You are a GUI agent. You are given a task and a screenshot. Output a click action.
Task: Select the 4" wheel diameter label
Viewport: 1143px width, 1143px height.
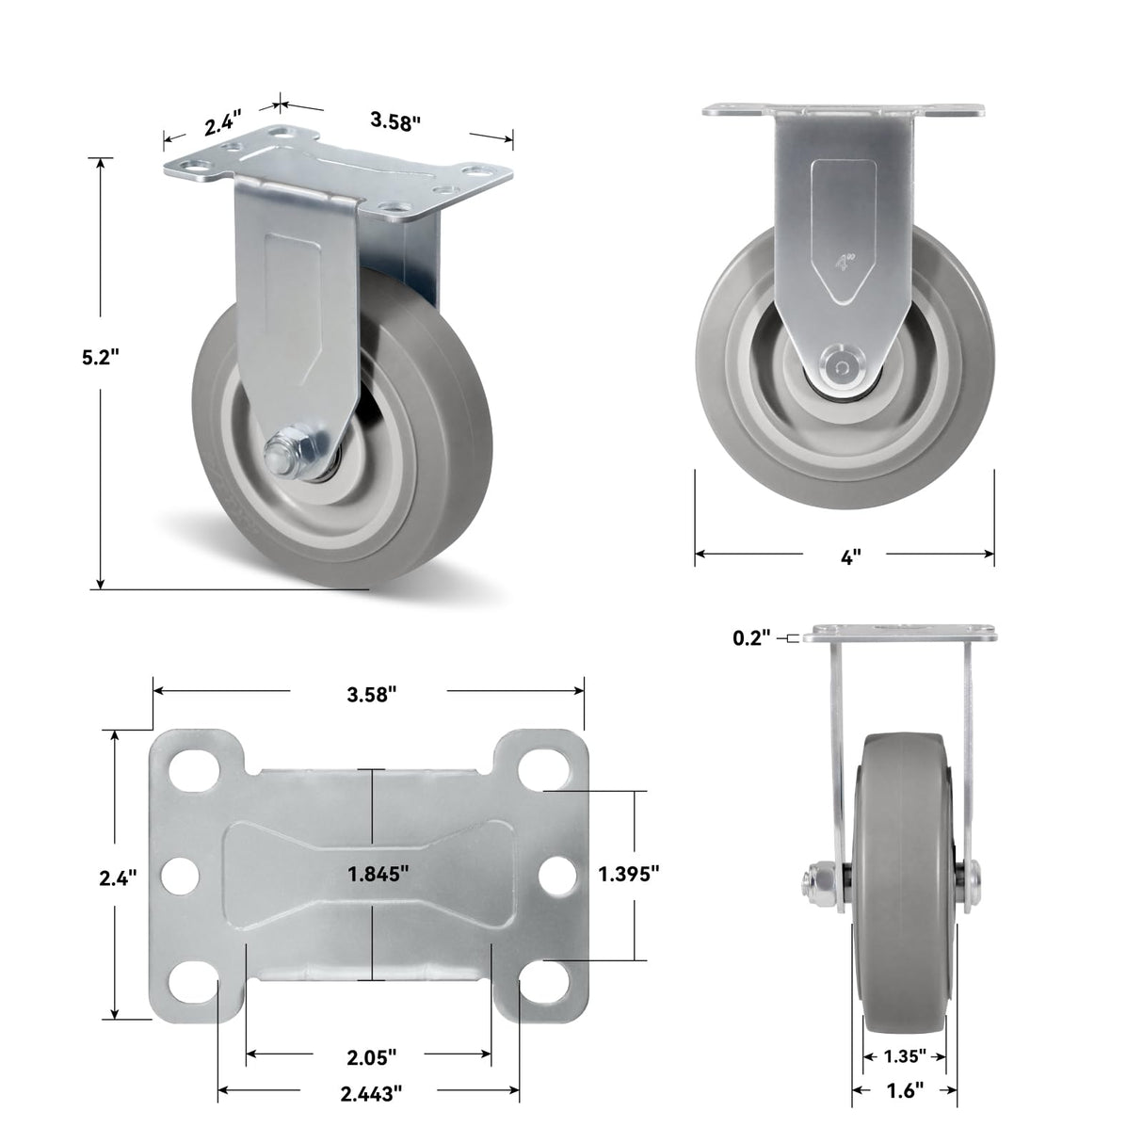(x=849, y=556)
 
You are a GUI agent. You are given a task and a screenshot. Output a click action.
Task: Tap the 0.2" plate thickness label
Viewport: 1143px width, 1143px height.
(x=751, y=638)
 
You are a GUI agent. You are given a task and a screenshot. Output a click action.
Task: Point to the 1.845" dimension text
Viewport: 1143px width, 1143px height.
(x=377, y=874)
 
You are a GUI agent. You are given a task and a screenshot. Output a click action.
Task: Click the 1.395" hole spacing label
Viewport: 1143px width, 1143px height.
(x=628, y=874)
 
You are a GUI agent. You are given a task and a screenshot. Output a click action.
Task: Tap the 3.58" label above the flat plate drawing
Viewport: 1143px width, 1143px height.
(x=370, y=694)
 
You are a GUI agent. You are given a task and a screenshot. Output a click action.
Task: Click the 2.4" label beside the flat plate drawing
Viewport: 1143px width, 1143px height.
(x=119, y=877)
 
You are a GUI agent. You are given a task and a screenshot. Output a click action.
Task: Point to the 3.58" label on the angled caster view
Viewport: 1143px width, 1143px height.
(x=394, y=121)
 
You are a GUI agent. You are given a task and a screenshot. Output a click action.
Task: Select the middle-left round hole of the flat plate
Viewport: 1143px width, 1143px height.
(x=177, y=876)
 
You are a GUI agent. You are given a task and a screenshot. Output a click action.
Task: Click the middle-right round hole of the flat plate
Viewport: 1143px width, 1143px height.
(x=555, y=876)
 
